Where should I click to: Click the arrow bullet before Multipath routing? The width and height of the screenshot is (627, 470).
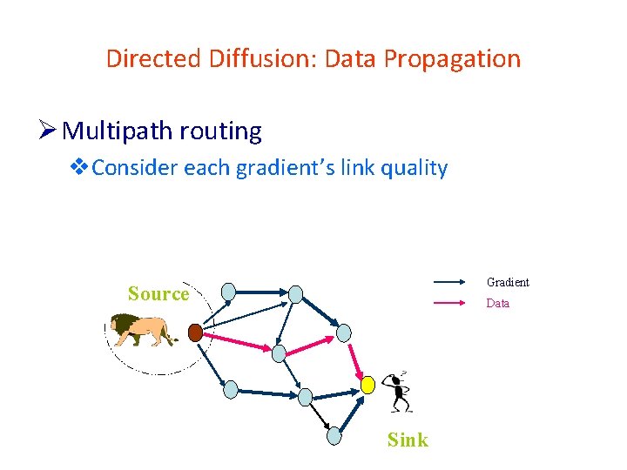click(x=49, y=131)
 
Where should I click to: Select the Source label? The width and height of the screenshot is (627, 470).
click(x=158, y=294)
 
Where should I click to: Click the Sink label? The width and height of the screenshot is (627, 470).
click(x=408, y=440)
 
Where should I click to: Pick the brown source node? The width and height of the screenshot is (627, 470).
click(x=196, y=332)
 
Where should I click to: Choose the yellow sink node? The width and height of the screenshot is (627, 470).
click(x=368, y=384)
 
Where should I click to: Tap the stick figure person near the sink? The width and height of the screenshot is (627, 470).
click(x=398, y=393)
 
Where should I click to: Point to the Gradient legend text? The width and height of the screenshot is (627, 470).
click(x=508, y=282)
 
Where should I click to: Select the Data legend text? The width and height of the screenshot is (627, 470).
click(x=498, y=304)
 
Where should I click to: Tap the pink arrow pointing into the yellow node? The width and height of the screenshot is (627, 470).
click(x=356, y=361)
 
